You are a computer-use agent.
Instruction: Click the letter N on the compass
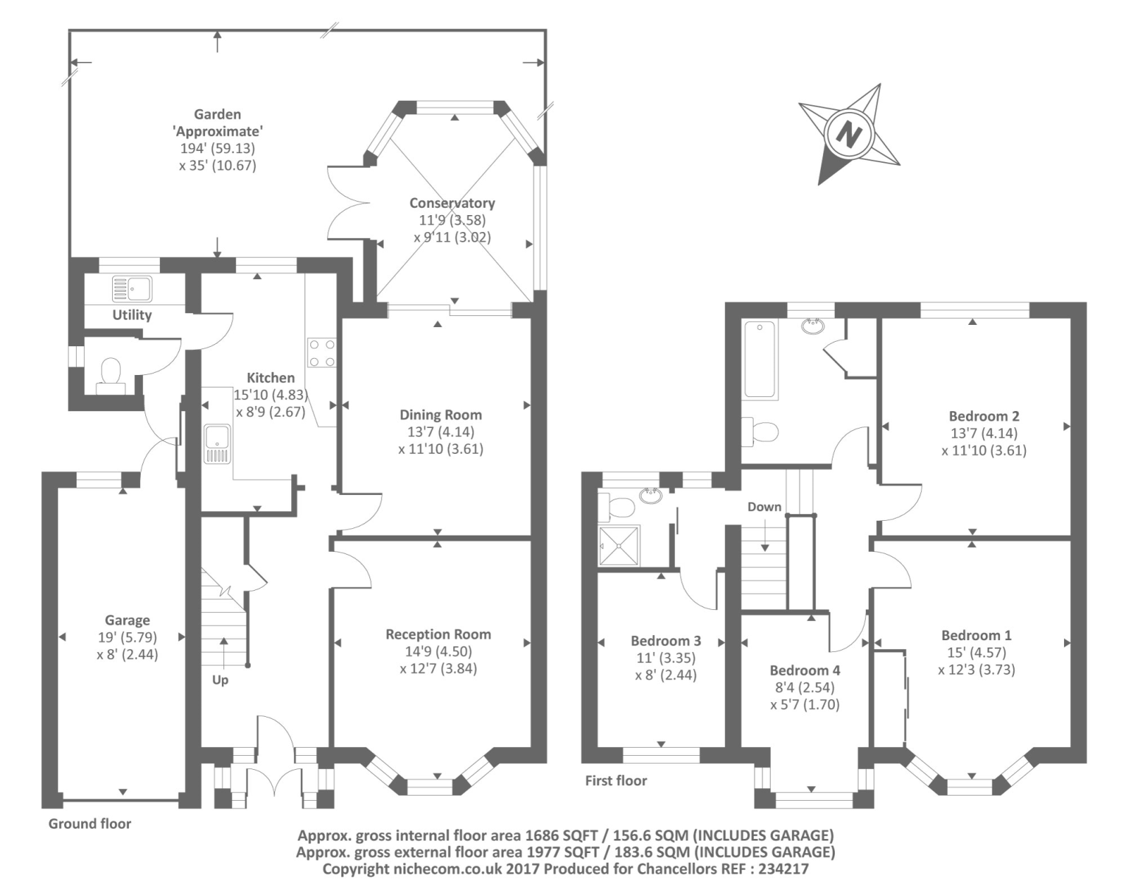(849, 135)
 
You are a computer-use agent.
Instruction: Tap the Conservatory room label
(452, 203)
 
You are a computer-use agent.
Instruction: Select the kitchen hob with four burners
(322, 353)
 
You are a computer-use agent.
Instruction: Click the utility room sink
(132, 289)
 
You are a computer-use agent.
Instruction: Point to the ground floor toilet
(111, 376)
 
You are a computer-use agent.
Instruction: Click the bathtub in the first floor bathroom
(760, 359)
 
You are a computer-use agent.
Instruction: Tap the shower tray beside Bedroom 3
(619, 545)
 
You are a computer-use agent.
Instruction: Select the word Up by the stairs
(220, 680)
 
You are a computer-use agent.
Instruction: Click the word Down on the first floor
(764, 507)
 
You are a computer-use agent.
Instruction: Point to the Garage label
(127, 620)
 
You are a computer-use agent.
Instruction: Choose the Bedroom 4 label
(805, 670)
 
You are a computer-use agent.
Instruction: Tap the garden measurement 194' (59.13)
(217, 149)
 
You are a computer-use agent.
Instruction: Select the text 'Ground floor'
(90, 824)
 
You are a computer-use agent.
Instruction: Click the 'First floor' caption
(616, 780)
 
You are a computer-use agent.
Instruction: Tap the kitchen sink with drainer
(217, 443)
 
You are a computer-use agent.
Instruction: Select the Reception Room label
(438, 634)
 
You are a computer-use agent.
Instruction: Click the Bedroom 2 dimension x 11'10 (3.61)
(984, 451)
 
